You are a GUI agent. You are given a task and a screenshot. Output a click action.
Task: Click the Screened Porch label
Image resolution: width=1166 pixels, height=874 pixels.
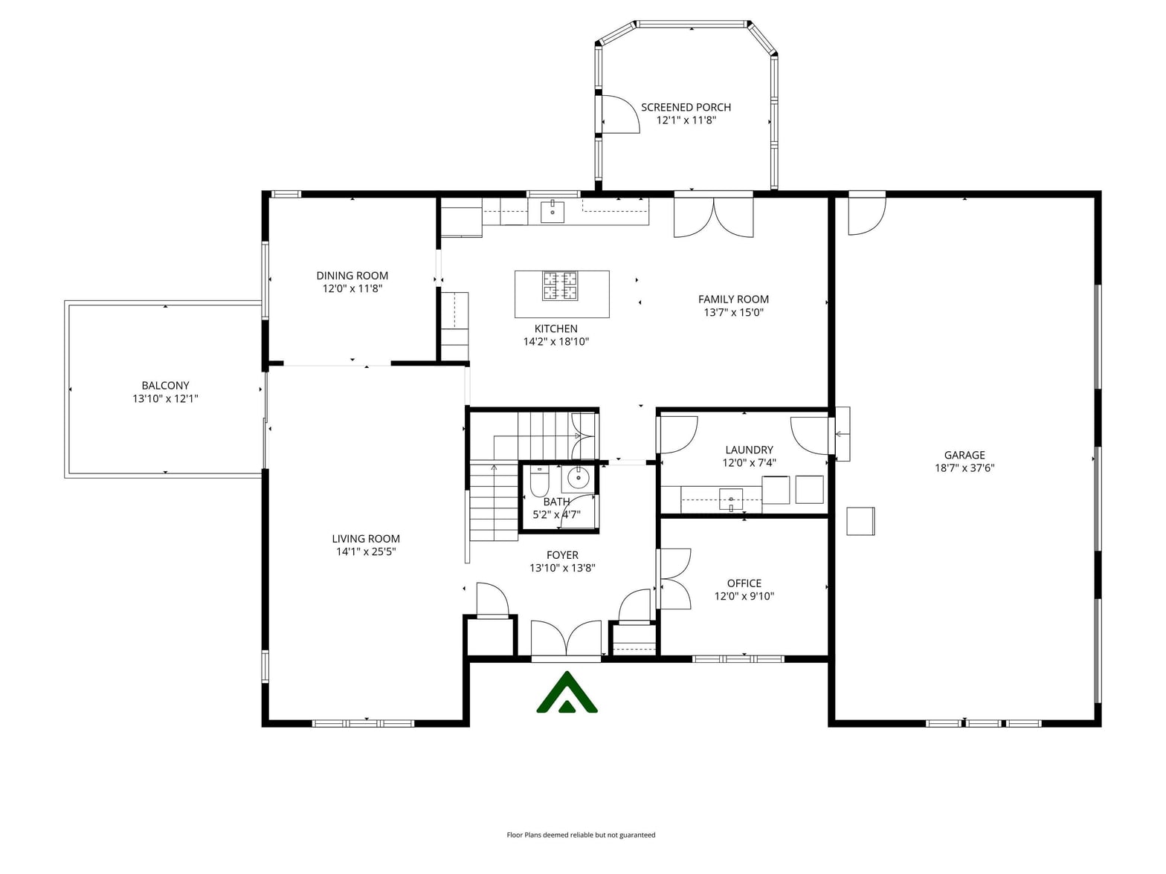click(x=686, y=107)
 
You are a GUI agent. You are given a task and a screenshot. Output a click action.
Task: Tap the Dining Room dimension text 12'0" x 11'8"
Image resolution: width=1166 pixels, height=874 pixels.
click(x=352, y=288)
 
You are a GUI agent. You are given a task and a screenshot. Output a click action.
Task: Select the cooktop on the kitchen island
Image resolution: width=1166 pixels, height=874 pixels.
click(x=559, y=286)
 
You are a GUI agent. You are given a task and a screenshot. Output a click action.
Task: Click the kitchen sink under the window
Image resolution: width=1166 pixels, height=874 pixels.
click(x=553, y=211)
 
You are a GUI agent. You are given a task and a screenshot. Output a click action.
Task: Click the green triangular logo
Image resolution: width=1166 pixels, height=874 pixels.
click(x=567, y=692)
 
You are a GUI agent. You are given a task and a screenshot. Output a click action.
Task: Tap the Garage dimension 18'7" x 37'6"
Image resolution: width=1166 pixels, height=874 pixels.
click(x=964, y=468)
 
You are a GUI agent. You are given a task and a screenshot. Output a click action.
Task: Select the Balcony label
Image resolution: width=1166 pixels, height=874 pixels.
click(x=165, y=386)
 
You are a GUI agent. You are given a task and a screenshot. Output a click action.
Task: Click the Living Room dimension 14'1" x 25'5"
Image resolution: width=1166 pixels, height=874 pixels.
click(x=366, y=551)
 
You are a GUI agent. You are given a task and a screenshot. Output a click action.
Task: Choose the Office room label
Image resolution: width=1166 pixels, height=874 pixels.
click(x=744, y=583)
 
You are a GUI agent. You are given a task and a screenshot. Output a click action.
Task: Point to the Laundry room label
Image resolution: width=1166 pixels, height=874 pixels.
click(x=749, y=450)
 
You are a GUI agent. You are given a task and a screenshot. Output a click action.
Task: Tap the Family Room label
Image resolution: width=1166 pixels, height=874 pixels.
click(x=733, y=300)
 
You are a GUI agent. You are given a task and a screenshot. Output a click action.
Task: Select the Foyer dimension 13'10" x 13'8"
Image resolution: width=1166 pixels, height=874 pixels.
click(x=562, y=568)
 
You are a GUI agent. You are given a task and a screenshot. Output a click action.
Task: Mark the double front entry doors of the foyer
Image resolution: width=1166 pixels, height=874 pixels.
click(x=566, y=639)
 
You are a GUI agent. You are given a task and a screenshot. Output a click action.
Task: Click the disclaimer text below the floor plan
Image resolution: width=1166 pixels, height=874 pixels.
click(x=581, y=835)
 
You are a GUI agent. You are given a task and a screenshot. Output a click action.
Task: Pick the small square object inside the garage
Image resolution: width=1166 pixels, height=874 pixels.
click(x=860, y=521)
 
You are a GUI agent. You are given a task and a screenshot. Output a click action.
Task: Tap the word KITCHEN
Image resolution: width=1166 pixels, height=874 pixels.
click(x=555, y=328)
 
